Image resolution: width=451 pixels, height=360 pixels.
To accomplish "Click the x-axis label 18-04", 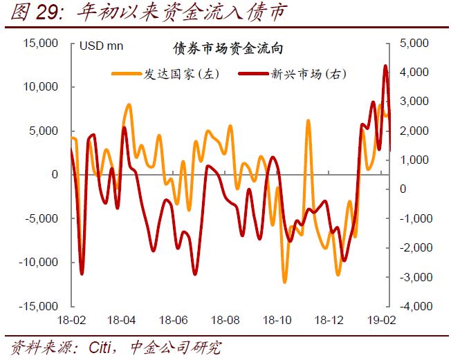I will [122, 321].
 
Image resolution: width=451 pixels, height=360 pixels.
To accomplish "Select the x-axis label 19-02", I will [381, 321].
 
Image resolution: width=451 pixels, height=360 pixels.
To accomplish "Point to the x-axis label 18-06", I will [174, 321].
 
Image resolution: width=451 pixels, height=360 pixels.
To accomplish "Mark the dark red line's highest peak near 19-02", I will [385, 66].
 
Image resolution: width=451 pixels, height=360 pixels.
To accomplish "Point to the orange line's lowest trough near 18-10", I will [284, 282].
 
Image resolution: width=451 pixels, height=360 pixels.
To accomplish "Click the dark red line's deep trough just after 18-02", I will [82, 274].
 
